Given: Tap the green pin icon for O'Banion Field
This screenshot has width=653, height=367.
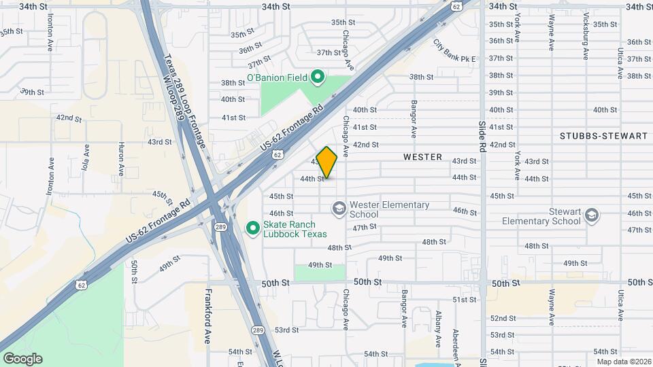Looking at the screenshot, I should click(316, 77).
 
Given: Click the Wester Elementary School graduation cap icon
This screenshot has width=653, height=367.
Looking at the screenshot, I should click(338, 207).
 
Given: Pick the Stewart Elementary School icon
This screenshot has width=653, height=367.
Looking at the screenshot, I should click(592, 215).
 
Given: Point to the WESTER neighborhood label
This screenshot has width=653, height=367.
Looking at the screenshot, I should click(422, 157).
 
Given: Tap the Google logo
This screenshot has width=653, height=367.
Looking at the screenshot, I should click(22, 358).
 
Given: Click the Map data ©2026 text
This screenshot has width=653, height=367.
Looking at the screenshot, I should click(623, 361).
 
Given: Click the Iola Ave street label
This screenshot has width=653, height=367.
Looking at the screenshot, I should click(86, 164).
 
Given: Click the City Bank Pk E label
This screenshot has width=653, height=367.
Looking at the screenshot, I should click(454, 50).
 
